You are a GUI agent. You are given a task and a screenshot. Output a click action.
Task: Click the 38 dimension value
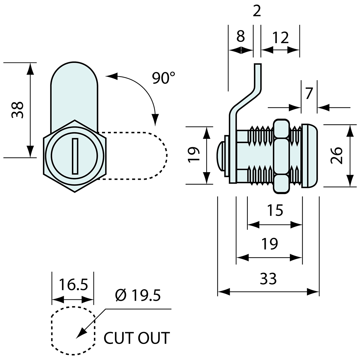click(x=18, y=110)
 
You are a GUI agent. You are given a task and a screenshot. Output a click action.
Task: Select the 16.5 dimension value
click(x=74, y=284)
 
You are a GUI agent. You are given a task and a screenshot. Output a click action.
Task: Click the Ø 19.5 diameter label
click(x=138, y=295)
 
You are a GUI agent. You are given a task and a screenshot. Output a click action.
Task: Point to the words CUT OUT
click(x=137, y=338)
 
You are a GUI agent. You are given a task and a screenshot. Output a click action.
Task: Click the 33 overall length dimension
click(x=268, y=279)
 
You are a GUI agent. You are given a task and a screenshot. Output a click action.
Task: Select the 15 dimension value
click(x=275, y=211)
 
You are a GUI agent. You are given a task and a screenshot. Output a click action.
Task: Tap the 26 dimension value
click(x=337, y=155)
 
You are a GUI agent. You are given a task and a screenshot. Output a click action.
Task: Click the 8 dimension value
click(x=241, y=37)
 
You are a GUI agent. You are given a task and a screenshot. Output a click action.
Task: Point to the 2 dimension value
click(x=257, y=12)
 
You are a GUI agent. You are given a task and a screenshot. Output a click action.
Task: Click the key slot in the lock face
click(x=75, y=156)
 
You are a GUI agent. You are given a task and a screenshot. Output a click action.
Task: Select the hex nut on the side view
click(x=281, y=155)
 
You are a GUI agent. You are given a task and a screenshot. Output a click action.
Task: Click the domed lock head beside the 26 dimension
click(x=310, y=156)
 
